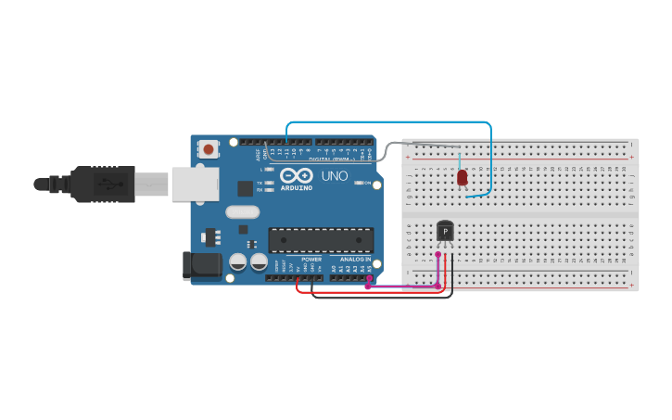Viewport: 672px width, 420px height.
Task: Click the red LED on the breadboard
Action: pyautogui.click(x=463, y=177)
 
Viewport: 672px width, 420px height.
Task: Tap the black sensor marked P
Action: pyautogui.click(x=445, y=230)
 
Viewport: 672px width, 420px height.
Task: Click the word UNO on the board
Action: pyautogui.click(x=335, y=176)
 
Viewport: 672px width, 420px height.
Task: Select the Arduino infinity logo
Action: pyautogui.click(x=297, y=176)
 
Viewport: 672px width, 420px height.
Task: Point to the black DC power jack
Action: pyautogui.click(x=203, y=265)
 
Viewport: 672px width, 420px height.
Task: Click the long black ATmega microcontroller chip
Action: pyautogui.click(x=321, y=240)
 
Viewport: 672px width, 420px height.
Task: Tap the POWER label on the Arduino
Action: pyautogui.click(x=311, y=260)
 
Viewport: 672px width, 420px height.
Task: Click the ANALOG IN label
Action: pyautogui.click(x=356, y=260)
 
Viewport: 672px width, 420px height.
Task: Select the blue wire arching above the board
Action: pyautogui.click(x=389, y=122)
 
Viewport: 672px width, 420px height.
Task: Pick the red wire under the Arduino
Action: pyautogui.click(x=371, y=292)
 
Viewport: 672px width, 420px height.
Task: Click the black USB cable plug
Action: pyautogui.click(x=102, y=184)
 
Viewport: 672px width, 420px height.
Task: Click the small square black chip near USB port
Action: pyautogui.click(x=245, y=188)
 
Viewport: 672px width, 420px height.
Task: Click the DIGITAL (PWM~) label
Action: pyautogui.click(x=335, y=159)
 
